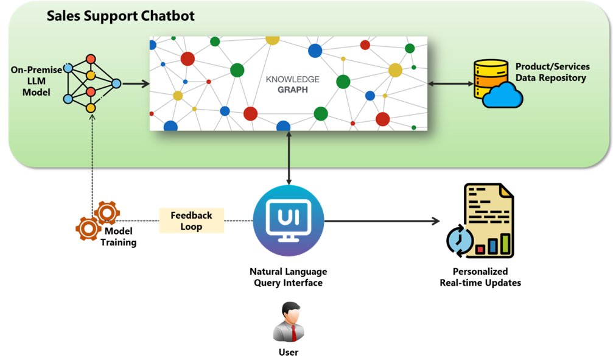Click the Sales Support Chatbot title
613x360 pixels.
point(121,15)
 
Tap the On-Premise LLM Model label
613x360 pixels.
point(36,81)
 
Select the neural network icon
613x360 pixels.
point(91,83)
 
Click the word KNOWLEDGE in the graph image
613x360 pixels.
point(292,79)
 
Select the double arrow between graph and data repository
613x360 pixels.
point(450,83)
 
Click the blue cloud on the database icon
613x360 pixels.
point(503,96)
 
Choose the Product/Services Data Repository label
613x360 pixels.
point(552,72)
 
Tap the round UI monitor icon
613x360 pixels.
point(289,221)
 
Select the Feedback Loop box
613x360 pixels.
point(191,221)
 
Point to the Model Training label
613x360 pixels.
point(119,236)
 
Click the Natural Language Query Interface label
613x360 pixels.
point(288,277)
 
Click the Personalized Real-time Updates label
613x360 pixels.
point(480,277)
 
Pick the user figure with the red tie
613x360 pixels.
point(289,323)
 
